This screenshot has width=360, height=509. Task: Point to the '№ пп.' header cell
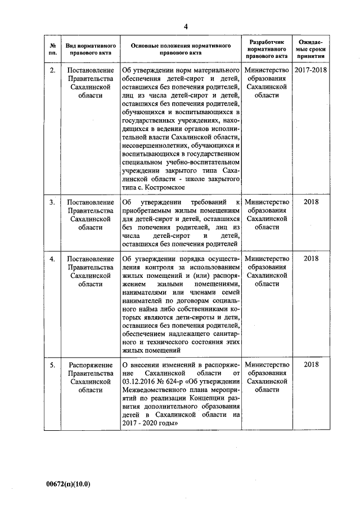click(52, 49)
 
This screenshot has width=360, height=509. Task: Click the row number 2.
click(52, 70)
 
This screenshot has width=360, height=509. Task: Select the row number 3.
click(52, 202)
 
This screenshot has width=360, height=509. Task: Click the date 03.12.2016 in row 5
click(141, 382)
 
